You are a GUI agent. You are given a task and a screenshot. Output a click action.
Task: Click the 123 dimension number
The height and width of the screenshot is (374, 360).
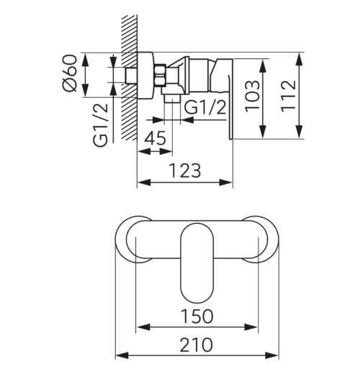[x=185, y=170]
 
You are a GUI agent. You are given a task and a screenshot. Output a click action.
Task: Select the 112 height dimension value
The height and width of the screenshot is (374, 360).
[x=289, y=96]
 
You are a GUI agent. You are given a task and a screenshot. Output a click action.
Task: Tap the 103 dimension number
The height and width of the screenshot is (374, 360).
[x=252, y=96]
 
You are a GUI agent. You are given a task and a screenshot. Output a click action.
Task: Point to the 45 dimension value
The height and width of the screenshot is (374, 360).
[x=156, y=138]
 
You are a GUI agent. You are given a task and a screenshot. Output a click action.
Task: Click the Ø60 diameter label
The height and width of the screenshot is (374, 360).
[x=70, y=73]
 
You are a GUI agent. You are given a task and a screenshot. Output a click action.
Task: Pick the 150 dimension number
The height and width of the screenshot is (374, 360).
[x=197, y=316]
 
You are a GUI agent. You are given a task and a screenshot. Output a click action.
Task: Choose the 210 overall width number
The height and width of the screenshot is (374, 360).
[x=196, y=345]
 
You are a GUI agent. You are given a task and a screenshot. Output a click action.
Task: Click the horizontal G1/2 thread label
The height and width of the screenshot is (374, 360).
[x=205, y=107]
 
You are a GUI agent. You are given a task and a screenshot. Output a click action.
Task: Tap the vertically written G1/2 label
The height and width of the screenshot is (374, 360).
[x=101, y=125]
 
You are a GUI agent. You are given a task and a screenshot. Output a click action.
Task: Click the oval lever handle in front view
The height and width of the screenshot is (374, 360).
[x=197, y=263]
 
